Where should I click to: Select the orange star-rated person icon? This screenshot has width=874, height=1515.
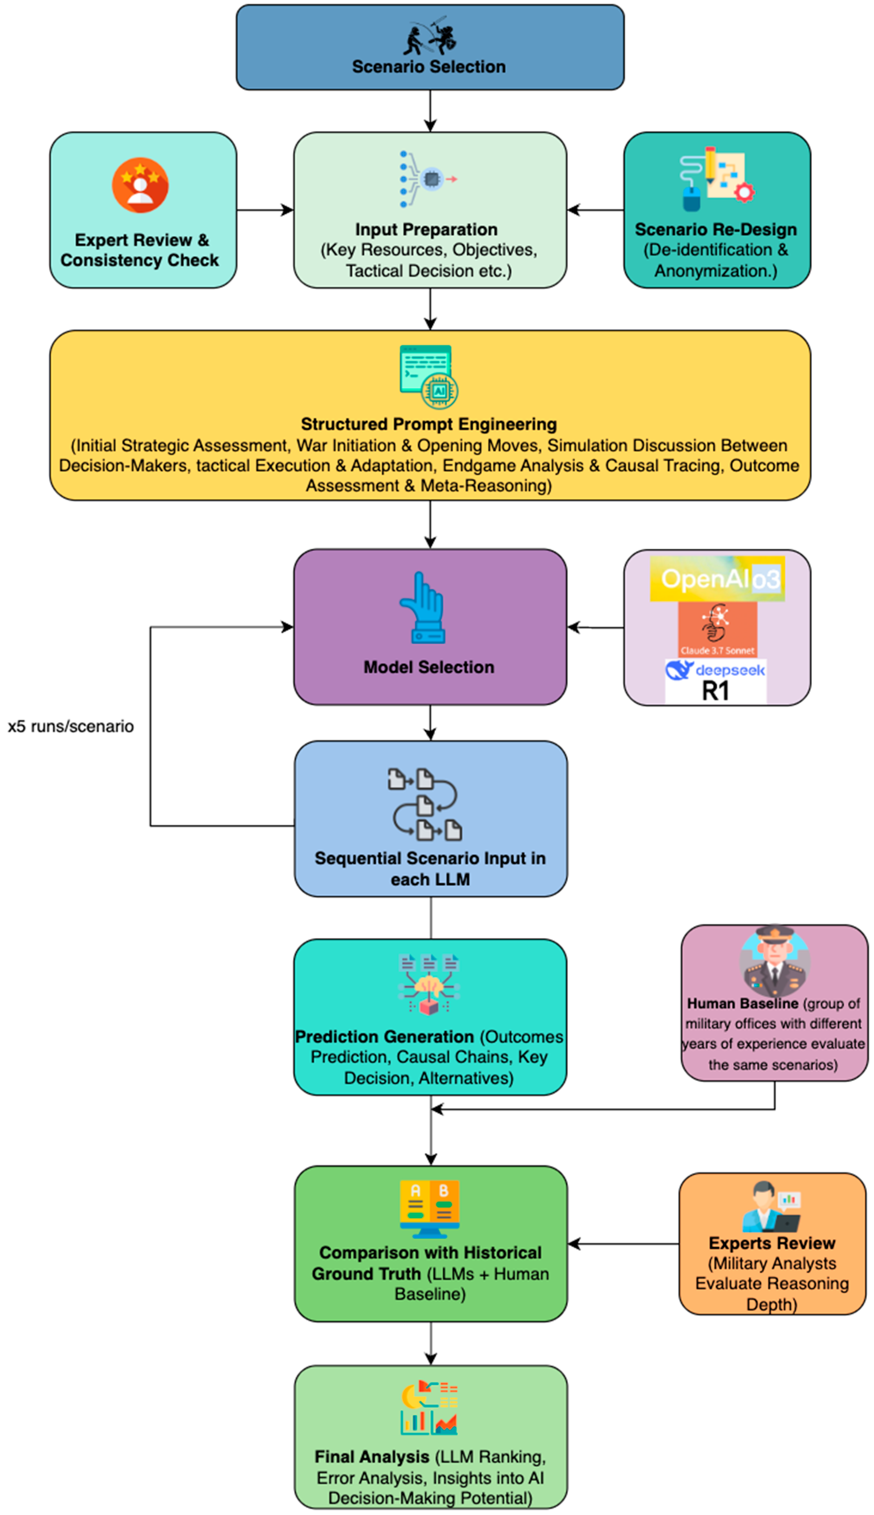click(x=140, y=185)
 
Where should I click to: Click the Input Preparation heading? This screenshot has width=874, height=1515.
click(x=426, y=229)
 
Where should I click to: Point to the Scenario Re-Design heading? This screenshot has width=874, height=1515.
click(x=715, y=229)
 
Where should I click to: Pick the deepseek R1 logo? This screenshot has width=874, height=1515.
click(x=715, y=681)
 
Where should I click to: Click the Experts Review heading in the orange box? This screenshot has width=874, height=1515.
click(x=772, y=1243)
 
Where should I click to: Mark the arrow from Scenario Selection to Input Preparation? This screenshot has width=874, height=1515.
click(x=430, y=111)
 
